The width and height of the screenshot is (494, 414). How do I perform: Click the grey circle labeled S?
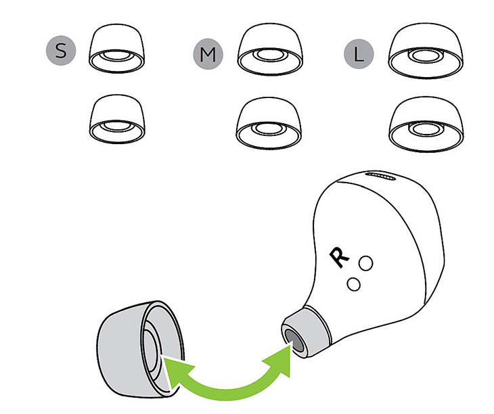point(61,50)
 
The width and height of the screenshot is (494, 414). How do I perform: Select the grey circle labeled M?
point(208,54)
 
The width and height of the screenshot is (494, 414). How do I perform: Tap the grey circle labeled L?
point(359,54)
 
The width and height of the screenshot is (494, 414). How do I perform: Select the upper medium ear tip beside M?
point(270,49)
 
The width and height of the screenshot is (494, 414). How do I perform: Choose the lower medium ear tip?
point(269,123)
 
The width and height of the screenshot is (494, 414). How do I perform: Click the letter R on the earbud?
point(338,257)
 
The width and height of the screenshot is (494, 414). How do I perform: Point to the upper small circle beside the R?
point(366,263)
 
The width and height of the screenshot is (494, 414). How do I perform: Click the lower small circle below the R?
point(353,284)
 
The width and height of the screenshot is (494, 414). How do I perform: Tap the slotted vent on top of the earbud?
point(381,177)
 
